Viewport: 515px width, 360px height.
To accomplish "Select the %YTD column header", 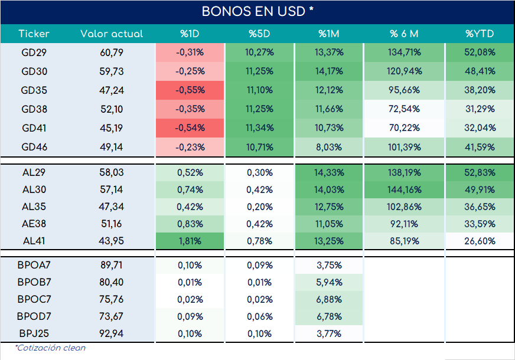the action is pos(480,34).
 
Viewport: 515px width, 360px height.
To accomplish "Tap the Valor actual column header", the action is pos(112,34).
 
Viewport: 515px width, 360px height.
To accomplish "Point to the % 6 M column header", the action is pos(404,34).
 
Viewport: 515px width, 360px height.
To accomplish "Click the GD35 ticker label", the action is pos(34,90).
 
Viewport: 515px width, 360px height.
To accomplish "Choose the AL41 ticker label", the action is pos(34,241).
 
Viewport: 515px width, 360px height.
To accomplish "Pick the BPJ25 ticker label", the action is pos(34,333).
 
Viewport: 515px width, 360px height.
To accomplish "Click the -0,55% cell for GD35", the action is pos(190,90).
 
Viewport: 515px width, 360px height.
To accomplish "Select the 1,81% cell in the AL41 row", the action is pos(190,241).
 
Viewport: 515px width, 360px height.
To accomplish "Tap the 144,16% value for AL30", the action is pos(404,189).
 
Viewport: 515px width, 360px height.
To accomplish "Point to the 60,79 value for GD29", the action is pos(112,53).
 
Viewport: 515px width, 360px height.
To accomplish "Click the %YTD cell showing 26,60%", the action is pos(480,241).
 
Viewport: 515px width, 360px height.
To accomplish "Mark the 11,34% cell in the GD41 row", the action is pos(259,127).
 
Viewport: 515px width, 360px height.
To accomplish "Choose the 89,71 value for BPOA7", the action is pos(112,265).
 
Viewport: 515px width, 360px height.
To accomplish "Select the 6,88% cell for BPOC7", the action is pos(329,299).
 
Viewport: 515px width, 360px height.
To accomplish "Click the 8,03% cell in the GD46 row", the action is pos(329,147).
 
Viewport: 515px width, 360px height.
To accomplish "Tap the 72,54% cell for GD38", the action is pos(404,109).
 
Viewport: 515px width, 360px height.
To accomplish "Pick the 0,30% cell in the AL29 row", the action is pos(259,172).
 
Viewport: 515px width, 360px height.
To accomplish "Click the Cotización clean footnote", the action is pos(50,348).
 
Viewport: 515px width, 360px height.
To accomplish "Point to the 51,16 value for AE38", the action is pos(112,224).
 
